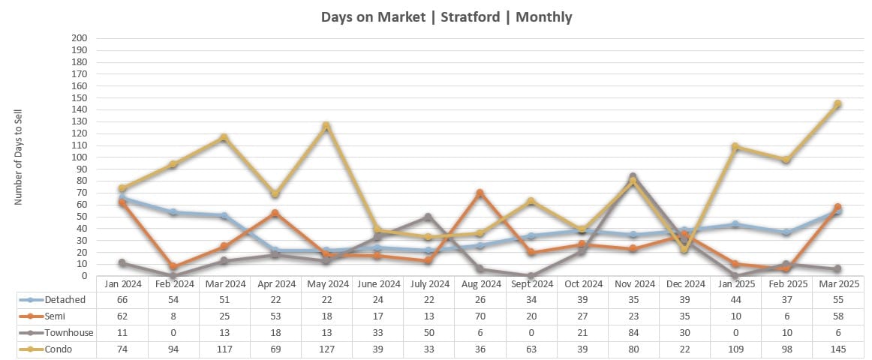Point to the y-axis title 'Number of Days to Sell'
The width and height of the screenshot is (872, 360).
pos(20,157)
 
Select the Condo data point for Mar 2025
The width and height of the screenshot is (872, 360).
pos(837,104)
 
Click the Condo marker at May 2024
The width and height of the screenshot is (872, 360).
pos(326,126)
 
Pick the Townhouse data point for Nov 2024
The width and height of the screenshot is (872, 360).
pos(633,177)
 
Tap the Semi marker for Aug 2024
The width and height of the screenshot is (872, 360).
pos(480,193)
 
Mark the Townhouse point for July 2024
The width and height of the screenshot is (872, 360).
pos(428,217)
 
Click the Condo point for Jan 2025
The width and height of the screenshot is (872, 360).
pos(735,147)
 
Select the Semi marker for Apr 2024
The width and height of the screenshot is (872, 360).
pos(275,214)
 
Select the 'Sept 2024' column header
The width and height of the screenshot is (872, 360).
pos(531,284)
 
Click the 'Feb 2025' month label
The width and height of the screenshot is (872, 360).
pos(786,284)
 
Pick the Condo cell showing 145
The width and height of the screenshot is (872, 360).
pos(837,348)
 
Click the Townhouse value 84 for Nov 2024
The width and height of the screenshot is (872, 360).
pos(633,332)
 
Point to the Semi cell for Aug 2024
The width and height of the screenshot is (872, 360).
pos(480,316)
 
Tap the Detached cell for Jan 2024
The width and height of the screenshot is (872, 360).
pos(122,300)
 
